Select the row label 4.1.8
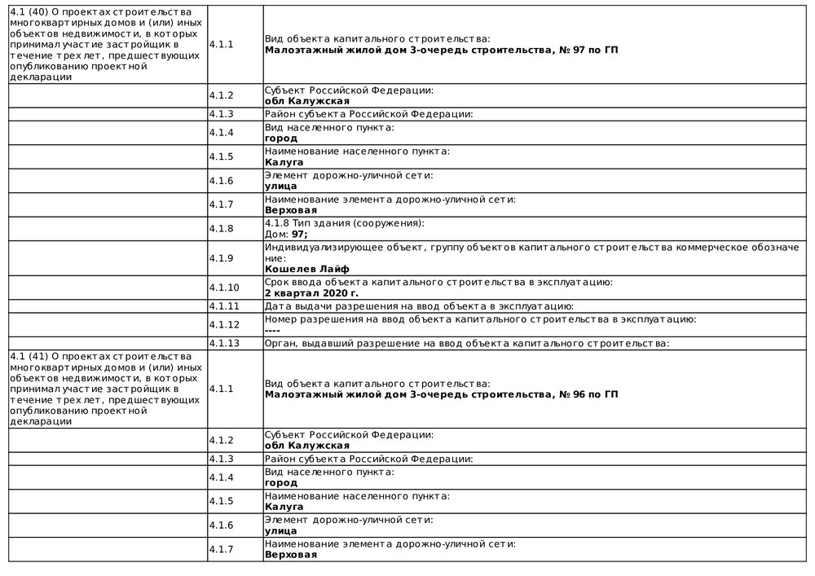(221, 229)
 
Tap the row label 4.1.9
(221, 258)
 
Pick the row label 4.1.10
(223, 288)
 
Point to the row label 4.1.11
(223, 306)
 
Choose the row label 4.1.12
(223, 324)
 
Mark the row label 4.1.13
(223, 343)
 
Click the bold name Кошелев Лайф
(306, 269)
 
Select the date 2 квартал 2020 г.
(311, 293)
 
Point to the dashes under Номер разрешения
(272, 330)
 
